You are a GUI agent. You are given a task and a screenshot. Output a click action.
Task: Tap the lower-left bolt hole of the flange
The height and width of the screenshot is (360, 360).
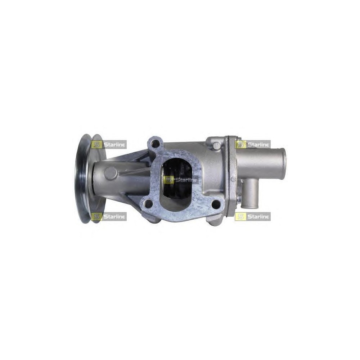tap(149, 203)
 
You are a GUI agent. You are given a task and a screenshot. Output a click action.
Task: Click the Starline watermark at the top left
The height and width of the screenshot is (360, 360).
tap(109, 145)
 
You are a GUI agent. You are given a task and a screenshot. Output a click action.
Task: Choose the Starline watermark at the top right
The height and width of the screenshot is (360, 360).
tap(253, 145)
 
